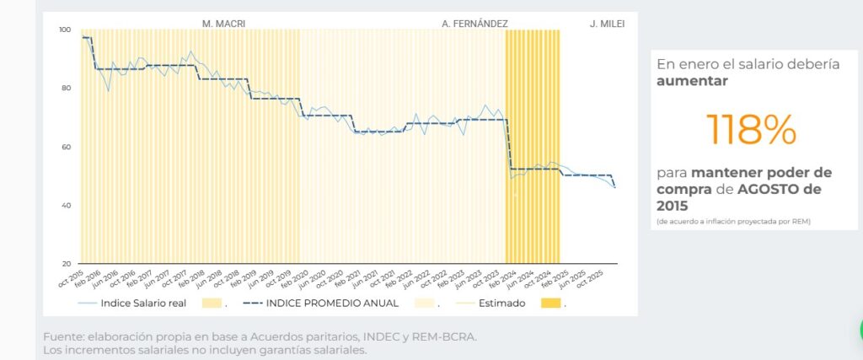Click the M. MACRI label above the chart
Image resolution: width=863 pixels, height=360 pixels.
(x=224, y=24)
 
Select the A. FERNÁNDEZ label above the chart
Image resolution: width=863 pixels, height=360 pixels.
(x=474, y=24)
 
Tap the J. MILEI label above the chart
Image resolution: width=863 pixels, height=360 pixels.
(x=607, y=24)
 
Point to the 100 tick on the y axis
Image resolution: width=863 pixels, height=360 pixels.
(x=66, y=30)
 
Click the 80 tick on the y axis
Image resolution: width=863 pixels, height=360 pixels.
(x=66, y=89)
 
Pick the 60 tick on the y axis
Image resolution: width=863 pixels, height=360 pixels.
(x=66, y=148)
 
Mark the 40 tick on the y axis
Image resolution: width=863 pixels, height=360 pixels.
(x=66, y=206)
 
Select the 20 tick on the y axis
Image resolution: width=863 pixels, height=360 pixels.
(x=66, y=264)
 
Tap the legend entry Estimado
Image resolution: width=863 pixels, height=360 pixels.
(x=502, y=303)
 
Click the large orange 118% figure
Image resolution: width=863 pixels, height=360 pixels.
(x=751, y=129)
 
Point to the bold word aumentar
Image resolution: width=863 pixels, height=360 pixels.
(x=692, y=82)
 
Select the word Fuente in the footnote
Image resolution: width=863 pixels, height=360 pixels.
(x=64, y=337)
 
